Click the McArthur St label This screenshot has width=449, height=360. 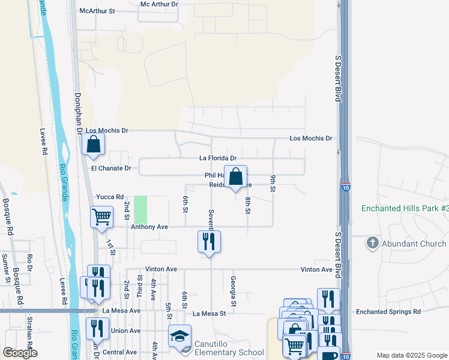[x=97, y=10]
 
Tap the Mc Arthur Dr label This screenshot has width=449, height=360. [x=159, y=4]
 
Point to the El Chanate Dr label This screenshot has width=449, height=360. [x=110, y=169]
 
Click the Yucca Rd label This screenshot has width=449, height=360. [x=109, y=197]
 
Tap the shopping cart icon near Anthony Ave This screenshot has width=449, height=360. [x=101, y=217]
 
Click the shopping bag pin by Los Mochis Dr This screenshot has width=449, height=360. [x=93, y=144]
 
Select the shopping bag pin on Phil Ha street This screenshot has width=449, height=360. [x=236, y=176]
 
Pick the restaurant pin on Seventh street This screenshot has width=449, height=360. [x=209, y=241]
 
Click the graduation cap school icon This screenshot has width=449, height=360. [x=180, y=336]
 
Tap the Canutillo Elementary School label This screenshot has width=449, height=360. [x=229, y=352]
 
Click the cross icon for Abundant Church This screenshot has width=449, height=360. [x=373, y=243]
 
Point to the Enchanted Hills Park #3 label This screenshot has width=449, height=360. [x=405, y=209]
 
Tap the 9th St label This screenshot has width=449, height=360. [x=273, y=183]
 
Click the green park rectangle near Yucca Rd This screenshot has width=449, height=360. [x=140, y=210]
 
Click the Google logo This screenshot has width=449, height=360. [x=19, y=353]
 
